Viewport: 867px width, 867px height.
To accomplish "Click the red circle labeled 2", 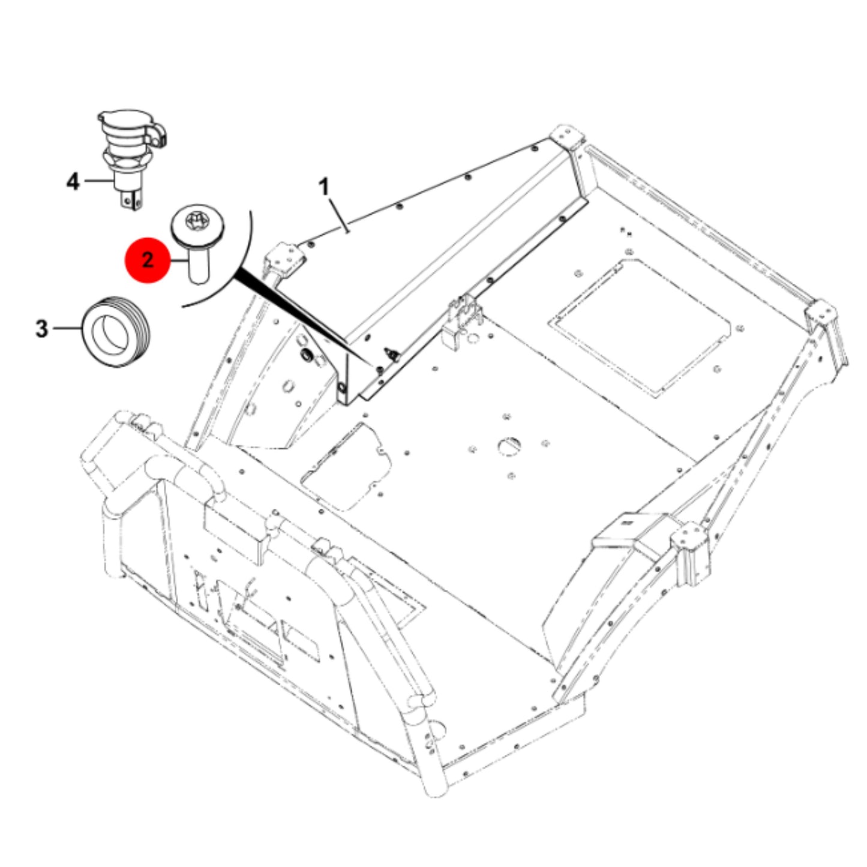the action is point(148,260).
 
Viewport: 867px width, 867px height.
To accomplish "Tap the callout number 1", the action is point(324,187).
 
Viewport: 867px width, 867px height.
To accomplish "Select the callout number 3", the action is point(41,328).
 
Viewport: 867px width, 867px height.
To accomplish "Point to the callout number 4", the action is point(73,182).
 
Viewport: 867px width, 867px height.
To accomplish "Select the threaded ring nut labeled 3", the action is point(116,332).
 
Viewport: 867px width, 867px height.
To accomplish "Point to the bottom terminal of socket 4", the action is point(132,200).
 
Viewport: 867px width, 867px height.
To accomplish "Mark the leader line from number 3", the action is point(67,328).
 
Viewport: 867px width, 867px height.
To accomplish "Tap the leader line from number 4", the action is point(99,181).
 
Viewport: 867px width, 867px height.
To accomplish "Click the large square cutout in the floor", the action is point(639,328).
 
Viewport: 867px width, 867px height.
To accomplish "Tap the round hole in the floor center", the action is point(510,445).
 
